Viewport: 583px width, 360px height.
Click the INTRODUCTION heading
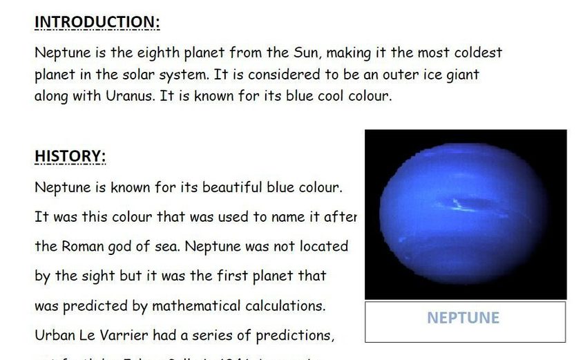point(97,22)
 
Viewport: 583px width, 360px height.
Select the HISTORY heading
point(70,157)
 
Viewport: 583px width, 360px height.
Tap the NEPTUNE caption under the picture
point(463,318)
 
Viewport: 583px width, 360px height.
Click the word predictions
point(295,336)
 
